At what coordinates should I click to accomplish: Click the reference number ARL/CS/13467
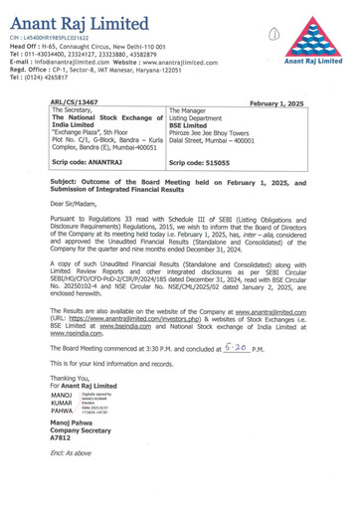tap(77, 102)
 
